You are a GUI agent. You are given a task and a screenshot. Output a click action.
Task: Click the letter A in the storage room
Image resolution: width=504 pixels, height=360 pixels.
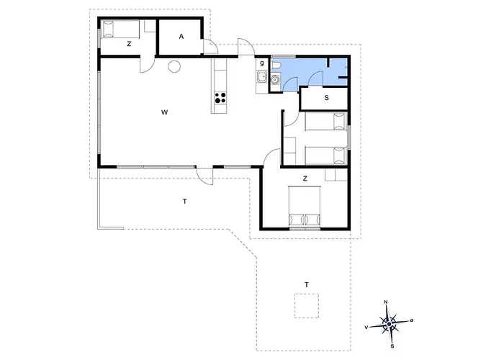click(x=181, y=37)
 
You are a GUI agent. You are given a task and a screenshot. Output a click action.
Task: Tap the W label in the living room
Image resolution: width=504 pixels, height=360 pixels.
click(x=165, y=112)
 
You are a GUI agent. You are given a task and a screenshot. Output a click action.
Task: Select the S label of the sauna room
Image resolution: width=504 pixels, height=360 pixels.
click(x=327, y=98)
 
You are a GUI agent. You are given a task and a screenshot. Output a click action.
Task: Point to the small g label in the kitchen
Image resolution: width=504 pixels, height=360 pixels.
click(x=262, y=63)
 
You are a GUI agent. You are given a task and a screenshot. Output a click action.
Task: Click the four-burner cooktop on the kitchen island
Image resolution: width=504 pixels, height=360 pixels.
click(x=220, y=98)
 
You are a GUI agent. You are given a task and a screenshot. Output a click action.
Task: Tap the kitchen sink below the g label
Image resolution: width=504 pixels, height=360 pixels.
click(x=262, y=76)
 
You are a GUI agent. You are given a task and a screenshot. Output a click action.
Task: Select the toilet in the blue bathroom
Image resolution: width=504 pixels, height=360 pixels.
click(x=276, y=66)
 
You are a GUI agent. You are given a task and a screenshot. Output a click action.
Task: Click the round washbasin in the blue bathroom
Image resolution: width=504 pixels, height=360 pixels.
click(x=275, y=79)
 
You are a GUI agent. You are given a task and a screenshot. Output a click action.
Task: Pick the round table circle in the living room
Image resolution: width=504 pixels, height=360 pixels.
click(x=174, y=66)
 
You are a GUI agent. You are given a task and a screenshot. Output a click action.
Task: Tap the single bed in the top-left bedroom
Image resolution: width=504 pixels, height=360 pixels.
click(x=120, y=29)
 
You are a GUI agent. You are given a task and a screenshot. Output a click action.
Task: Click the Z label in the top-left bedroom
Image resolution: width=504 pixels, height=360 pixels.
click(x=129, y=44)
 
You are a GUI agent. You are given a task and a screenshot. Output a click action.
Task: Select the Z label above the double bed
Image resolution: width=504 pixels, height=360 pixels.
click(x=305, y=179)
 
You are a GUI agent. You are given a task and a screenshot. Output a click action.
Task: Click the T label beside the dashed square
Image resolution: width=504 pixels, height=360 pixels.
click(x=307, y=285)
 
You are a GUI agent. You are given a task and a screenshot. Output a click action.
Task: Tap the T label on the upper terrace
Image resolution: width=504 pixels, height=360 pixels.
click(x=184, y=202)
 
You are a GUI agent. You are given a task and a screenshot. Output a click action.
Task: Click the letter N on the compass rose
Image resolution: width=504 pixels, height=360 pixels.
click(x=386, y=302)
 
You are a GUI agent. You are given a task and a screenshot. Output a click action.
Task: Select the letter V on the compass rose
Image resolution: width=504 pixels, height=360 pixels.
click(x=366, y=327)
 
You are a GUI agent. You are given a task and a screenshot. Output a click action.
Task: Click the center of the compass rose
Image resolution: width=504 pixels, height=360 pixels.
click(x=390, y=325)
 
